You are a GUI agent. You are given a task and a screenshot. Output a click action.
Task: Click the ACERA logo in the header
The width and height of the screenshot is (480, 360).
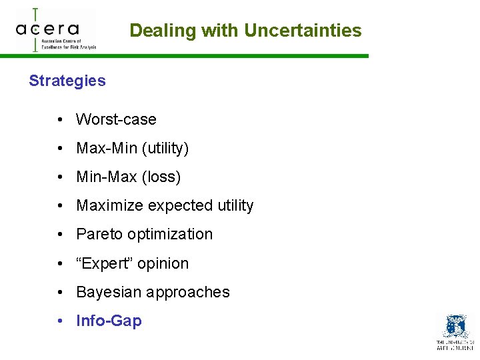[56, 30]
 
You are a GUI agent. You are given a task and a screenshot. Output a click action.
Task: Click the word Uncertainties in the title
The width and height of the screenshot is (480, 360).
[303, 31]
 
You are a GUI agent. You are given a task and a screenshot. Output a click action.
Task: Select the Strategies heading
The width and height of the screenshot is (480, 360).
[67, 81]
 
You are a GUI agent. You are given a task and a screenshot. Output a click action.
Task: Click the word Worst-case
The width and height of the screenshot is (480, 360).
[117, 120]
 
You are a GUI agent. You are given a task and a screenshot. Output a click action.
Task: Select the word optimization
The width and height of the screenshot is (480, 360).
[170, 235]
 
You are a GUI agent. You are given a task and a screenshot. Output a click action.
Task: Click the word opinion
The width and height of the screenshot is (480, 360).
[165, 263]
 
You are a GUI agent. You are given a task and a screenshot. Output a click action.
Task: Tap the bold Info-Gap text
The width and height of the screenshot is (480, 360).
[109, 321]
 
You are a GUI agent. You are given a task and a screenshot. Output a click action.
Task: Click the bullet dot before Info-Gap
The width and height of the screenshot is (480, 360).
[60, 321]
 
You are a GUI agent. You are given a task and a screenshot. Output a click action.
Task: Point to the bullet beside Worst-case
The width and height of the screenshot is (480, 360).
[60, 120]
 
